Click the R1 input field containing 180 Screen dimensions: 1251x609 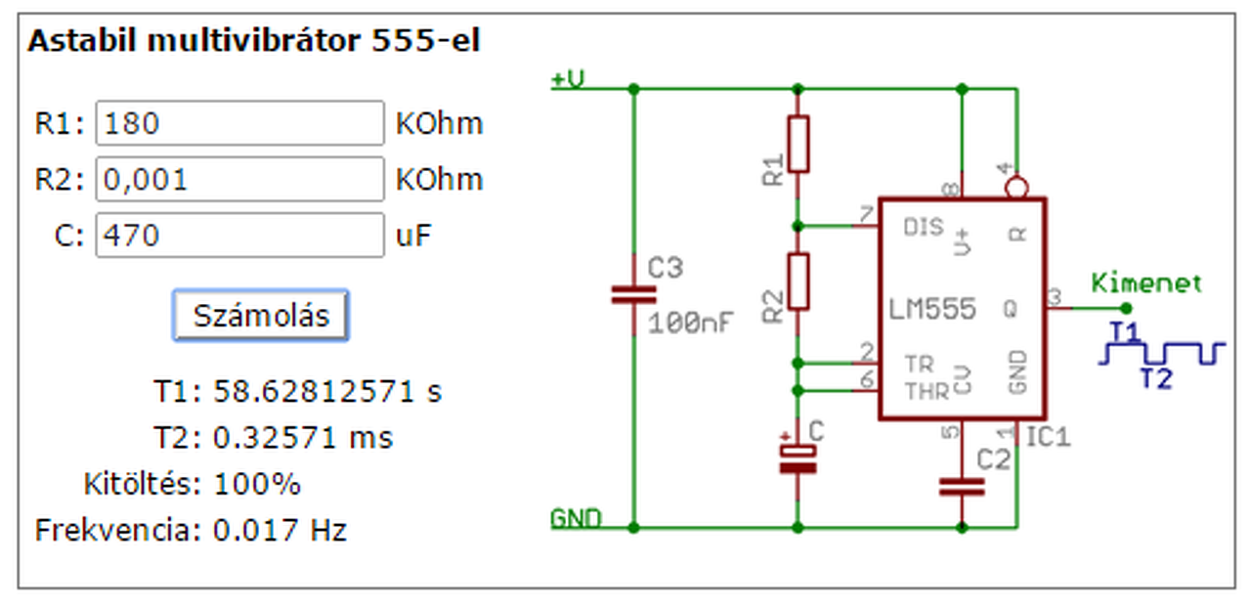[x=240, y=123]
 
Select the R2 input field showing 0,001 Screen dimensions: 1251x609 [x=240, y=179]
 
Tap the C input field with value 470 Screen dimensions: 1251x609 [x=240, y=236]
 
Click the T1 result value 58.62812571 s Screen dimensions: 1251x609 [x=327, y=391]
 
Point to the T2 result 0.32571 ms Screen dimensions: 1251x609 [x=303, y=438]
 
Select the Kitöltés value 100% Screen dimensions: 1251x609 [x=257, y=484]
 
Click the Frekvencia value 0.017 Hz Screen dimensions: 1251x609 [x=280, y=530]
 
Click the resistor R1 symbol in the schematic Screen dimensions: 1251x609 [x=798, y=144]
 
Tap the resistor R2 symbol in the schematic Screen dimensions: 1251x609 [x=798, y=281]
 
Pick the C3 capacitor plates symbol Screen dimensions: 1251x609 [x=634, y=295]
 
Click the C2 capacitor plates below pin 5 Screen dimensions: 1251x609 [x=962, y=487]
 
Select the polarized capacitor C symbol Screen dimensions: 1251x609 [x=798, y=459]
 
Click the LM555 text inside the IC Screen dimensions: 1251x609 [x=932, y=309]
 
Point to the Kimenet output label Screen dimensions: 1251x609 [x=1146, y=283]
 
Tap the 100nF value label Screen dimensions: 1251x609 [x=690, y=323]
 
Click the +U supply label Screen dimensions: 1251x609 [x=568, y=79]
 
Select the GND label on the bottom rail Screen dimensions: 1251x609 [x=576, y=519]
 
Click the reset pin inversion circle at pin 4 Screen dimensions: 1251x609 [x=1016, y=188]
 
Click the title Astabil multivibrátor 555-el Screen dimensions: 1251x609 [x=254, y=41]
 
